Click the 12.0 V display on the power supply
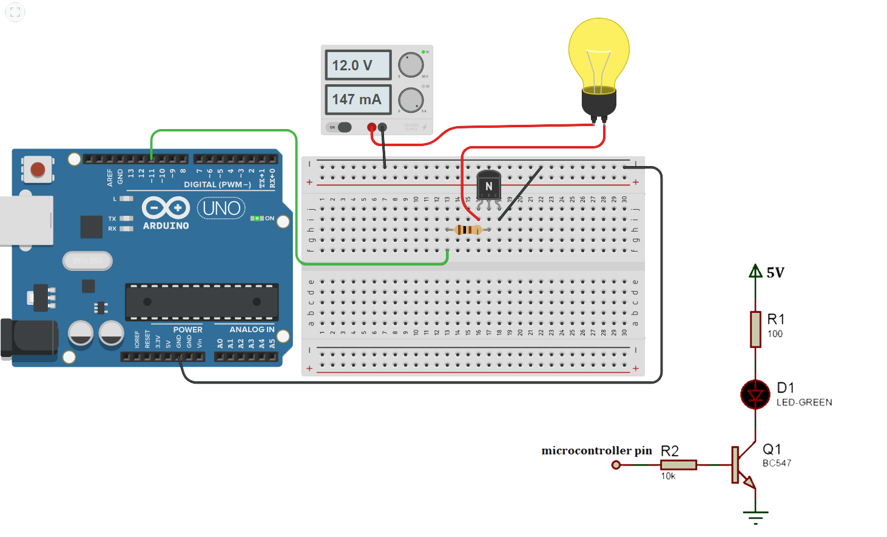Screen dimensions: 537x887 (358, 65)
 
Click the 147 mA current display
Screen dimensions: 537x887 (358, 99)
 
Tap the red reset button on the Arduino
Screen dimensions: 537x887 (38, 170)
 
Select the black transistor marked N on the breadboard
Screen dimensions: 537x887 (488, 185)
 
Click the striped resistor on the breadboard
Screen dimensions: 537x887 (468, 230)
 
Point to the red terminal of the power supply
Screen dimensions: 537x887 (371, 127)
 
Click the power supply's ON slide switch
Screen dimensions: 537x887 (341, 127)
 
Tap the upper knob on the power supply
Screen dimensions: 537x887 (411, 65)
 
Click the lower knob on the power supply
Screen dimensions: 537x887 (411, 100)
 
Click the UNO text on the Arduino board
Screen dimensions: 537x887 (221, 208)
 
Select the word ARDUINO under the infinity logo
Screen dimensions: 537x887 (166, 225)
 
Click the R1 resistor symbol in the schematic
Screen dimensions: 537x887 (755, 329)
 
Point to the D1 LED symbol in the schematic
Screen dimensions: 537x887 (755, 395)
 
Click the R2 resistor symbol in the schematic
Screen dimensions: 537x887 (678, 465)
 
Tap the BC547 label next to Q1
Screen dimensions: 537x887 (777, 463)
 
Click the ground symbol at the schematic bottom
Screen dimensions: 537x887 (755, 516)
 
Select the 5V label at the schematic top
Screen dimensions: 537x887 (775, 273)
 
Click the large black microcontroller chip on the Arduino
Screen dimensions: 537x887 (201, 302)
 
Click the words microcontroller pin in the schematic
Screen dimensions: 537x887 (596, 450)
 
